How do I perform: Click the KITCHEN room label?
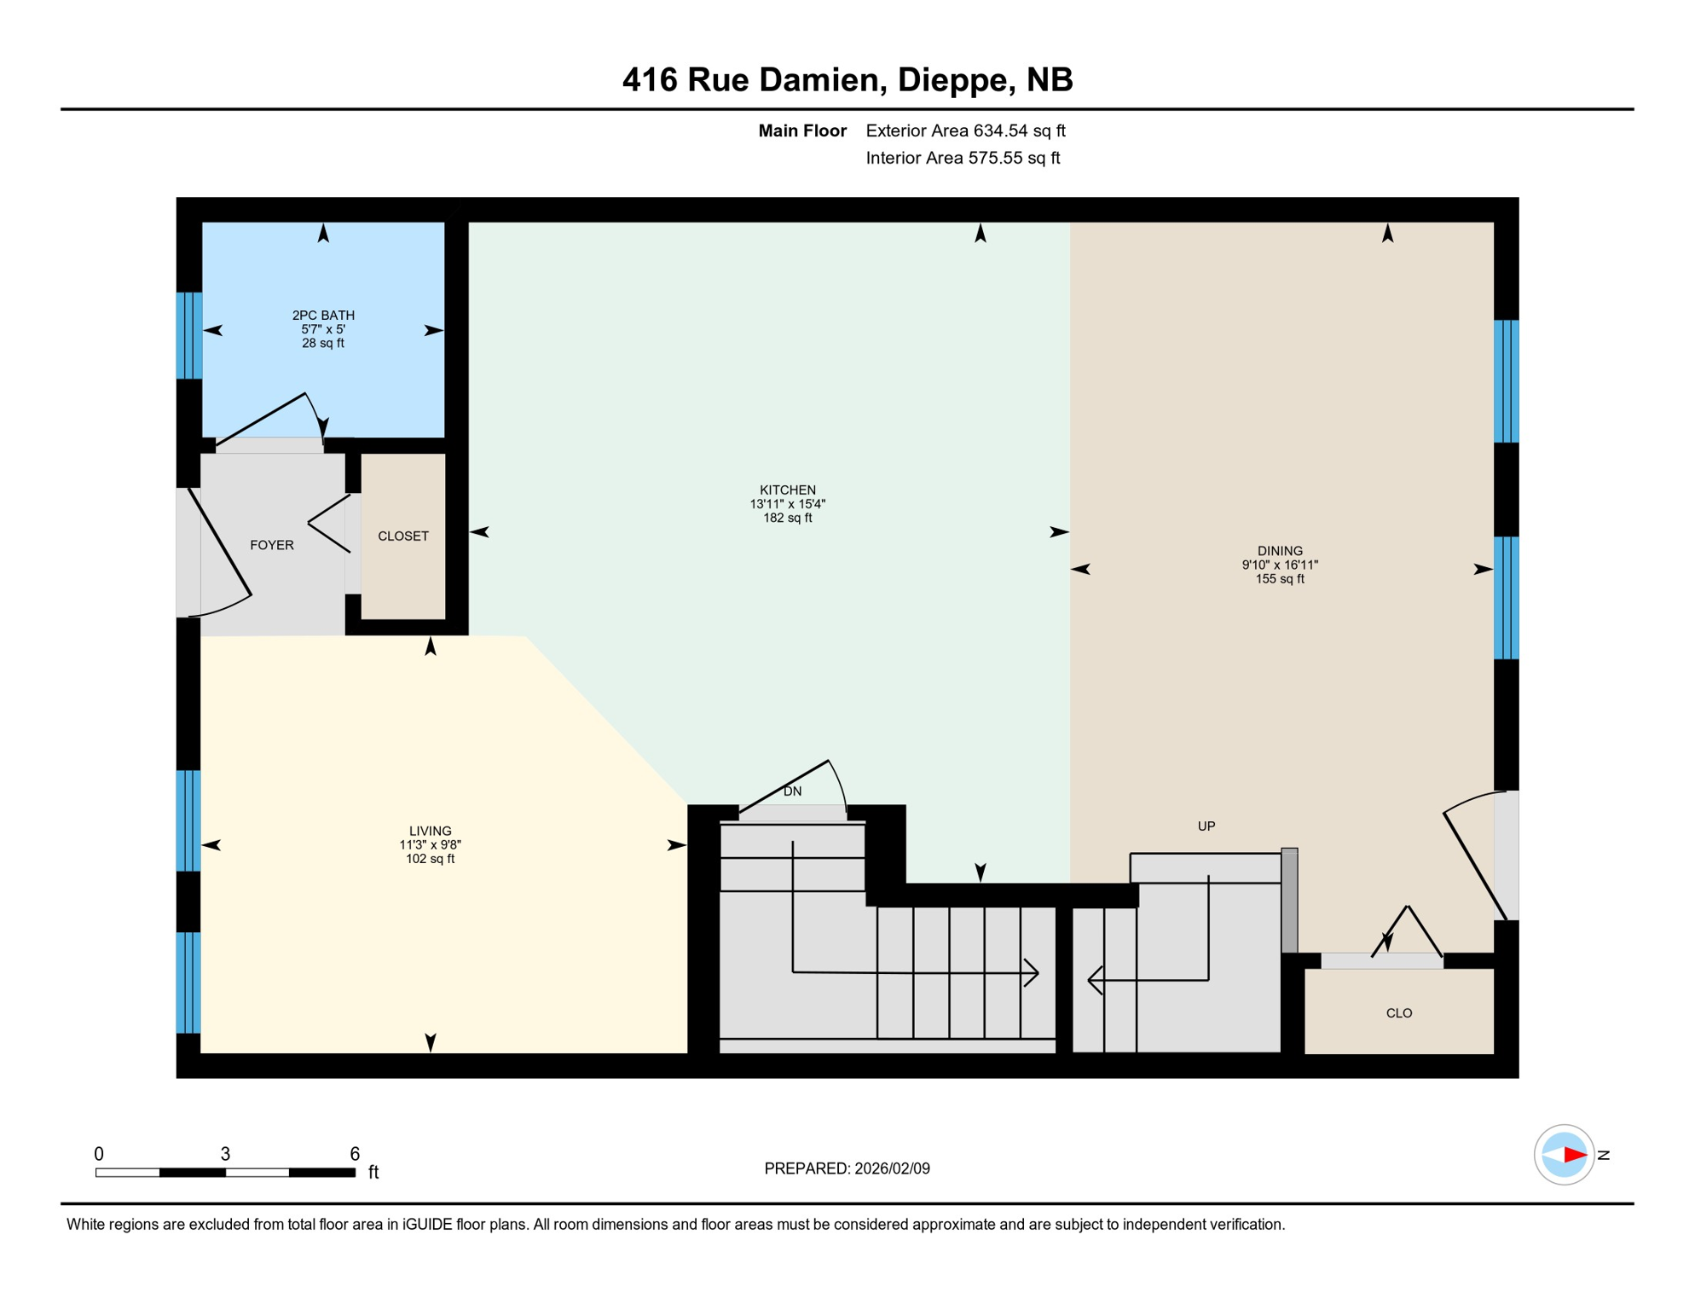787,490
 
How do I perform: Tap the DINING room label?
1279,551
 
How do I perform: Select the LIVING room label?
430,831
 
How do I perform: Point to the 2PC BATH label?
323,316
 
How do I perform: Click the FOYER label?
271,545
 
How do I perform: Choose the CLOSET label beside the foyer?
402,536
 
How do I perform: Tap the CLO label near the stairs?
1398,1013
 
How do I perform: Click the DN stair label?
792,791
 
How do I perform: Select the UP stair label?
1206,826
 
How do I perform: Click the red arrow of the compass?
1574,1155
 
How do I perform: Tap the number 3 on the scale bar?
225,1154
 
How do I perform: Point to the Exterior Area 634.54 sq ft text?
965,130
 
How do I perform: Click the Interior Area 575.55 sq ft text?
962,158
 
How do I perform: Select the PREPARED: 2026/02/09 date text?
847,1168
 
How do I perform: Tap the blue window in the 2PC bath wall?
188,335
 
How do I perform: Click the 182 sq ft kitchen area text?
787,518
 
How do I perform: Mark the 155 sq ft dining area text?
1279,579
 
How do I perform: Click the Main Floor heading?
801,130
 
